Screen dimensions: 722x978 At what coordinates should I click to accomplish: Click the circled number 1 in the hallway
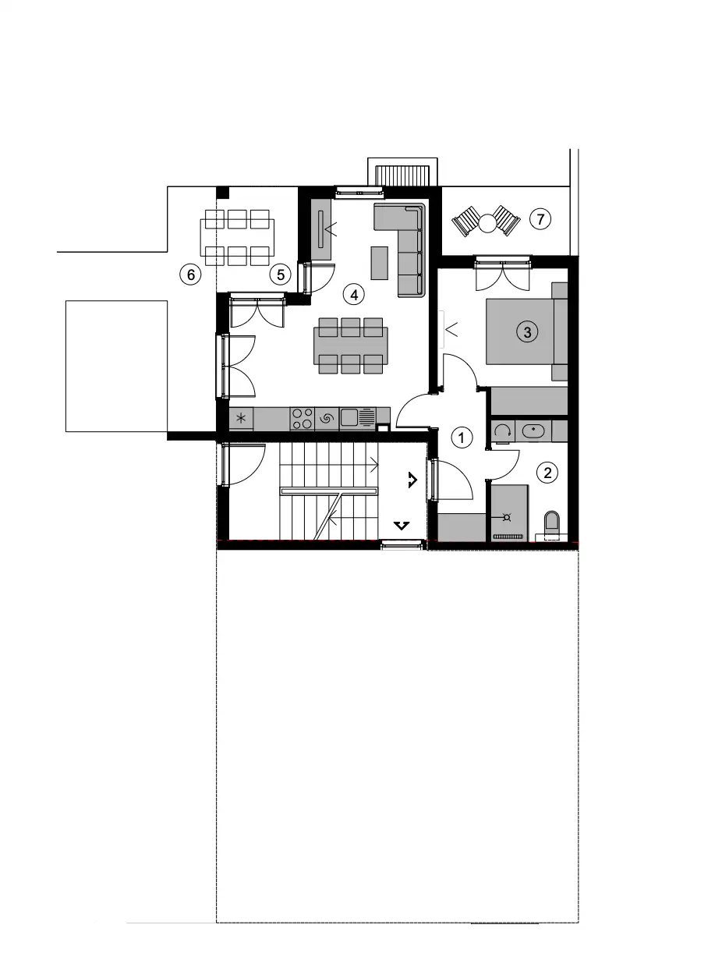click(x=461, y=438)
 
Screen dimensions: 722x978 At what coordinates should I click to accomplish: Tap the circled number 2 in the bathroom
click(x=547, y=473)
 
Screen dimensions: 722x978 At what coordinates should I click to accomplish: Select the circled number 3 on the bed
click(x=527, y=331)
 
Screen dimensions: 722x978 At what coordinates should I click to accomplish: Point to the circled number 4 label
click(x=354, y=295)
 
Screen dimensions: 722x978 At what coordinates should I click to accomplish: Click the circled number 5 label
click(x=281, y=275)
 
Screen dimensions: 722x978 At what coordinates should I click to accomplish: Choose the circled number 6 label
click(x=190, y=275)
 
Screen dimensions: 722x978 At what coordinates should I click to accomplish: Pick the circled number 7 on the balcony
click(x=540, y=218)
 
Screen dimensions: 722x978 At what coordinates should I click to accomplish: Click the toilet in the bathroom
click(x=551, y=524)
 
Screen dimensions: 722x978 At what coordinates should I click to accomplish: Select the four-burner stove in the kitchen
click(x=302, y=419)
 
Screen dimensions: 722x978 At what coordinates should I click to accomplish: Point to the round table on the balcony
click(x=487, y=223)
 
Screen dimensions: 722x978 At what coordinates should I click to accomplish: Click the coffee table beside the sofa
click(x=379, y=263)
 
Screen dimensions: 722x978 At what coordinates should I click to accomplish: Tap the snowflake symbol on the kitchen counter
click(x=241, y=418)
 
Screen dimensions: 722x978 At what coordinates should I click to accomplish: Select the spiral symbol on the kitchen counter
click(x=326, y=418)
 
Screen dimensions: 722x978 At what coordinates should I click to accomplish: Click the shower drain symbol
click(x=507, y=517)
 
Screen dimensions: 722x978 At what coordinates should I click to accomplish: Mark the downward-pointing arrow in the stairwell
click(x=401, y=525)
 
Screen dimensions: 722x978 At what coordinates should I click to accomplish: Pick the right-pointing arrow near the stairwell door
click(x=412, y=480)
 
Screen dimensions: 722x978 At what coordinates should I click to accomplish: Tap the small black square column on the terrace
click(x=222, y=193)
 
